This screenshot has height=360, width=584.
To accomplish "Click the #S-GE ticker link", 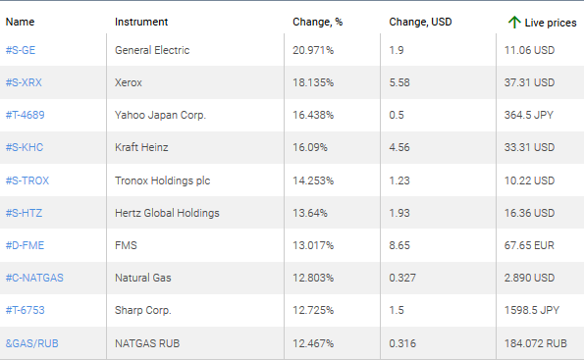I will click(x=23, y=50).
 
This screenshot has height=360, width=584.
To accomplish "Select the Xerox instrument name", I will click(x=131, y=82).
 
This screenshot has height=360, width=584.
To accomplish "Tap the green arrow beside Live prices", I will click(x=513, y=22).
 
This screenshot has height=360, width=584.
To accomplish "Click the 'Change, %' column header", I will click(x=318, y=22).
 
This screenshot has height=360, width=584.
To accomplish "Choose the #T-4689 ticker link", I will click(x=26, y=115).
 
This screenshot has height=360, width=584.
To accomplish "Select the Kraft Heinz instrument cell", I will click(x=142, y=147).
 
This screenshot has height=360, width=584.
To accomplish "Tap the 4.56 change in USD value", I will click(x=401, y=147).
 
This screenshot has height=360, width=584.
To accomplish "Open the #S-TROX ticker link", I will click(x=27, y=180).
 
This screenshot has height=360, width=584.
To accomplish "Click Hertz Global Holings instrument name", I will click(x=167, y=212).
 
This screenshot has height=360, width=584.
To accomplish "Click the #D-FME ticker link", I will click(x=26, y=244).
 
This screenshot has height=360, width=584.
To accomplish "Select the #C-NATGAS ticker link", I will click(x=34, y=277).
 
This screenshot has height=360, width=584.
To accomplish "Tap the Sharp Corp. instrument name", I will click(x=143, y=309).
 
